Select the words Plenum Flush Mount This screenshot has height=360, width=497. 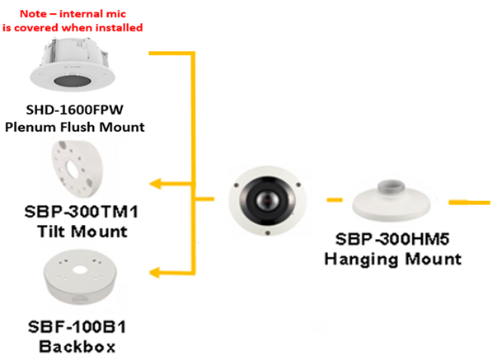point(74,127)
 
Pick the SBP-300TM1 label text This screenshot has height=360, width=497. point(80,212)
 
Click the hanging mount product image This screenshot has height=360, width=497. point(392,204)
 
